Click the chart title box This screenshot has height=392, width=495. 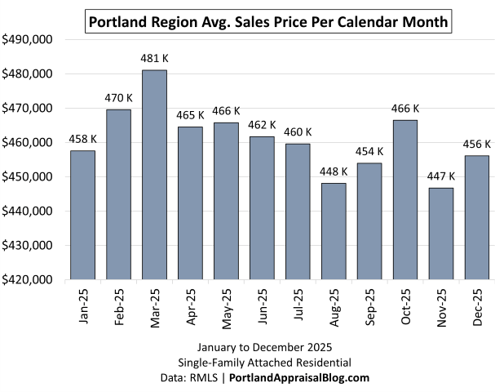point(268,22)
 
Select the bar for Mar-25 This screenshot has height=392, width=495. point(155,175)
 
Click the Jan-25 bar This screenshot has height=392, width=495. point(82,215)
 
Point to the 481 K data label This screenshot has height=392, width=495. point(155,59)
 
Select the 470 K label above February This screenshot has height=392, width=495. point(118,99)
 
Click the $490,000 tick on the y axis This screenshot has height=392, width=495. point(28,39)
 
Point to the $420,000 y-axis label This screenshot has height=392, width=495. point(28,279)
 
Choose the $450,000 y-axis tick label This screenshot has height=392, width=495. point(28,176)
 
